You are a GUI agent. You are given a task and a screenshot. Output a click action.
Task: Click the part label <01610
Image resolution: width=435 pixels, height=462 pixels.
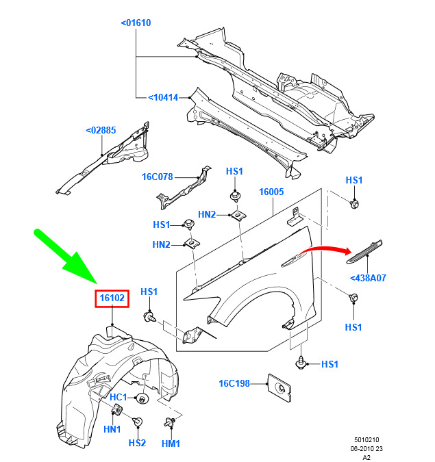pos(136,23)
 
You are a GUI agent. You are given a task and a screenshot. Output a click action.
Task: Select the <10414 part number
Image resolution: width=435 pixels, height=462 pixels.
pos(163,97)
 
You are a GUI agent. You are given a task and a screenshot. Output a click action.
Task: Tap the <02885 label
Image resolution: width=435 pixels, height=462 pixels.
pos(101,130)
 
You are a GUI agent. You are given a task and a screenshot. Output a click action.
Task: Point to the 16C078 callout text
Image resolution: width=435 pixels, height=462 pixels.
pos(157,177)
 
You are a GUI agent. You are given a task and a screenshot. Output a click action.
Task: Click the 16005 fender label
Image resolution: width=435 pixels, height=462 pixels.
pos(271,192)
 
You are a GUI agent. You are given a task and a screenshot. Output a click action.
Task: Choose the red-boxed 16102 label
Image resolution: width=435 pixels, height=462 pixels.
pos(112,298)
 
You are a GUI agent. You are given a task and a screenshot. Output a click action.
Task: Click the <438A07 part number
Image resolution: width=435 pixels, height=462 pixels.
pos(368,278)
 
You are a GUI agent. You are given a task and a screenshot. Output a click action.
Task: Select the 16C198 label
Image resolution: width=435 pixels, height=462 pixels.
pos(234,383)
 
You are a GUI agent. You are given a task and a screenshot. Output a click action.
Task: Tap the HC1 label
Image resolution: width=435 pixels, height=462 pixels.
pos(118,397)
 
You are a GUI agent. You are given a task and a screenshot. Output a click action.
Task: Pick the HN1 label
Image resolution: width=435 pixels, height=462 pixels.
pos(112,429)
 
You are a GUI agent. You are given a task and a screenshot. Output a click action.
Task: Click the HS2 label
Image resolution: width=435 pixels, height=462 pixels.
pos(137,443)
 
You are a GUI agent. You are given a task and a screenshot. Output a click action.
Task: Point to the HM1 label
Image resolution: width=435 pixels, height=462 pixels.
pos(171,444)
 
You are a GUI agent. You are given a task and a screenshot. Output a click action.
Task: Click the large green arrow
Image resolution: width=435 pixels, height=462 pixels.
pos(66,256)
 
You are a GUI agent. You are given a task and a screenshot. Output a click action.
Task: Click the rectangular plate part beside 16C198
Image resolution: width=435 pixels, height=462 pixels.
pos(279,388)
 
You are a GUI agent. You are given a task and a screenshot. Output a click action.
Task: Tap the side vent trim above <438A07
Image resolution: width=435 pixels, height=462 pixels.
pos(364,251)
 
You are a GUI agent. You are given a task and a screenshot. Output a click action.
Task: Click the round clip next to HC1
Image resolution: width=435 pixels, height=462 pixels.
pos(142,399)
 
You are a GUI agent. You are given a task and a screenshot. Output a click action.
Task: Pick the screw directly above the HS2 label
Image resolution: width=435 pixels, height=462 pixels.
pos(138,422)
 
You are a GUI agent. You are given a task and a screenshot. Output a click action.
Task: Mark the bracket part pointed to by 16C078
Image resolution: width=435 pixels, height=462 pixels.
pos(184,189)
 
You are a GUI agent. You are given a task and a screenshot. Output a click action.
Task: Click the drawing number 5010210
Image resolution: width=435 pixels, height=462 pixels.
pos(366,440)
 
